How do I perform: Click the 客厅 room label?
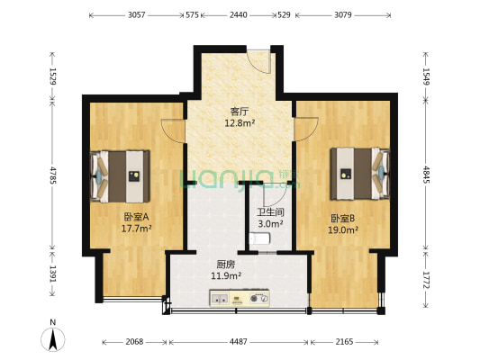coord(239,112)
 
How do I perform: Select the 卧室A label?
coord(137,217)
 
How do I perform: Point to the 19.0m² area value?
coord(344,230)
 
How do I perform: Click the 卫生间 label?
coord(270,212)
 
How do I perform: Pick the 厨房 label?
coord(226,265)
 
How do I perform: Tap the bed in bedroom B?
coord(359,172)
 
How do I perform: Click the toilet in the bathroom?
coord(260,238)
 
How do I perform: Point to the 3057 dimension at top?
coord(137,15)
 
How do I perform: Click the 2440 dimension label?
coord(239,15)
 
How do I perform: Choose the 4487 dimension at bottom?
coord(239,343)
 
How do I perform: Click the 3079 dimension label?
coord(344,15)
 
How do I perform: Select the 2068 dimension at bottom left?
coord(135,343)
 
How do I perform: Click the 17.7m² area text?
coord(137,229)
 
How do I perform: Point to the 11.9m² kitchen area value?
coord(226,276)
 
